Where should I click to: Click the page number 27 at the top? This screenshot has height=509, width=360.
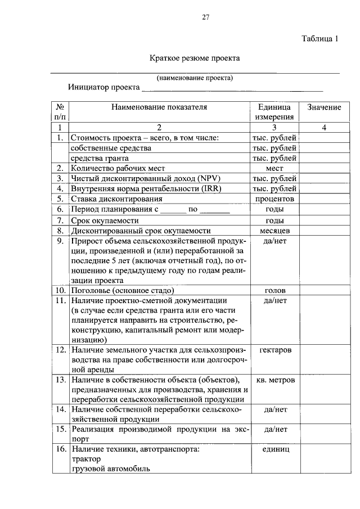point(206,17)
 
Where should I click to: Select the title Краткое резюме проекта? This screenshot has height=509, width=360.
point(195,58)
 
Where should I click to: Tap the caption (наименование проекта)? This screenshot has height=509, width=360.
point(195,78)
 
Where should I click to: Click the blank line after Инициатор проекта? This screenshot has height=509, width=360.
point(232,88)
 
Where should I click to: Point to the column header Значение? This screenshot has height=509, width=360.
point(324,107)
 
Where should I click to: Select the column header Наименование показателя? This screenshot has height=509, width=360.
point(159,107)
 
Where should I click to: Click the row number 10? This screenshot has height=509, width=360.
point(60,291)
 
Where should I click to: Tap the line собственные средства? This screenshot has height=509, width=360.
point(111,148)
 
